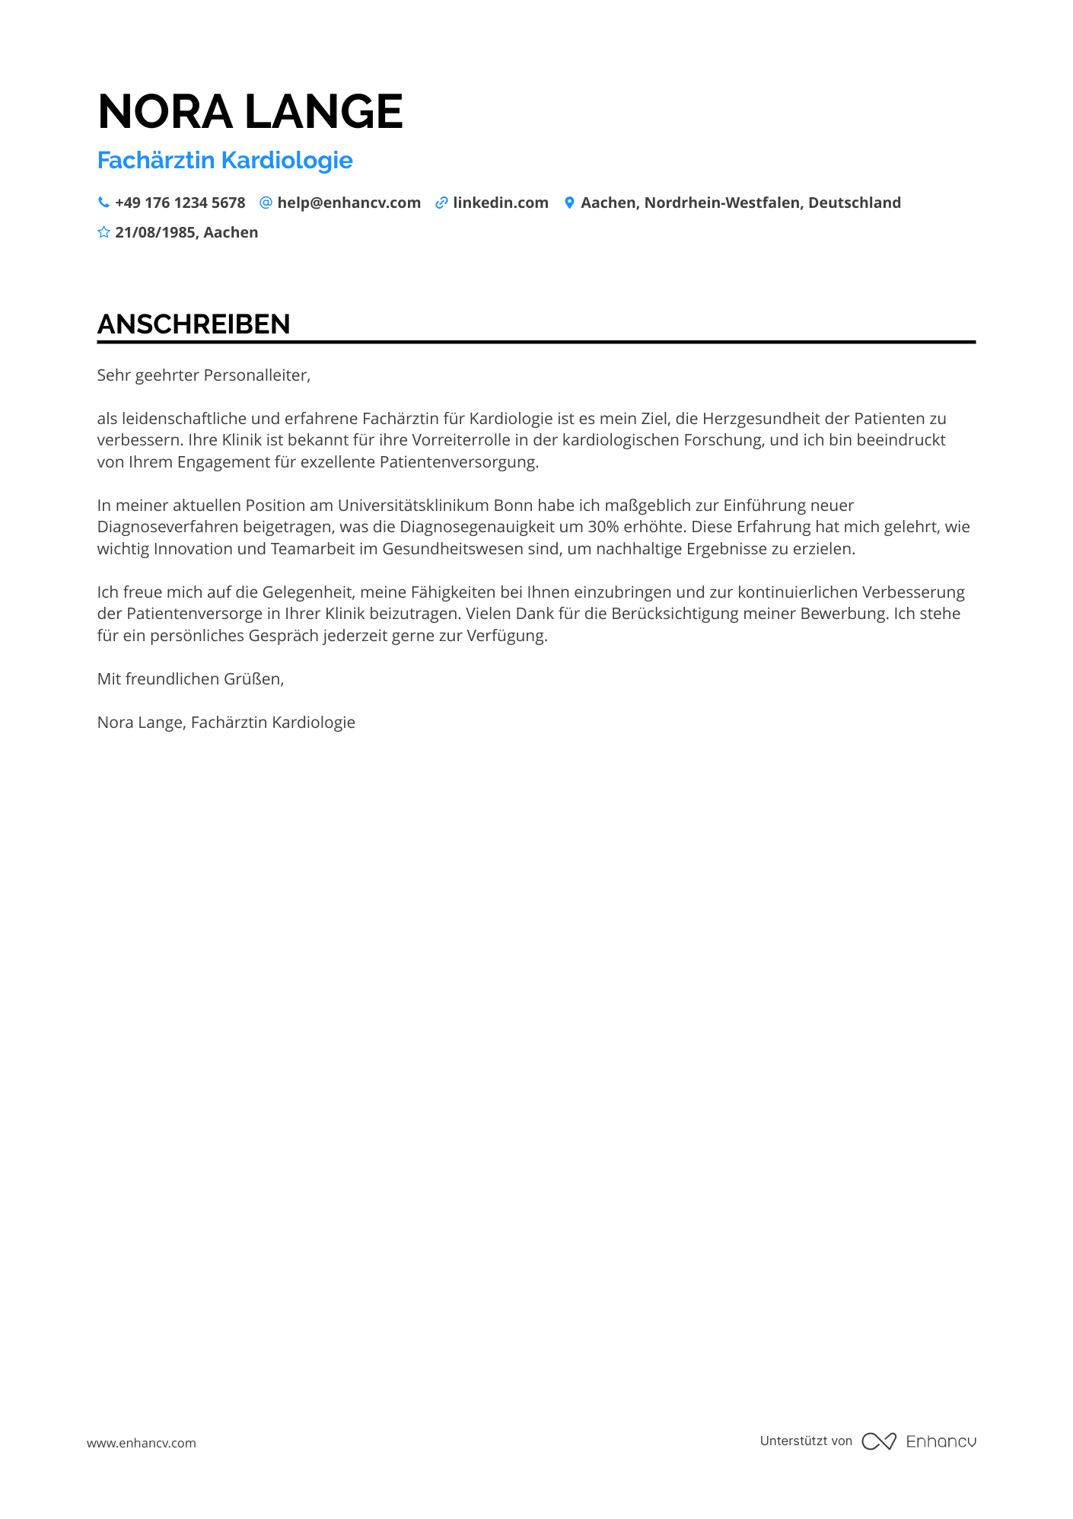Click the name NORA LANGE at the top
point(250,112)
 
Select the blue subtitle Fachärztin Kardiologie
point(225,161)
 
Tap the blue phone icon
point(103,203)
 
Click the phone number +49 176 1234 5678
point(180,203)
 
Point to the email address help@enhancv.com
point(349,203)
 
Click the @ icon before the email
point(266,203)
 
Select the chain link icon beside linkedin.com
point(441,203)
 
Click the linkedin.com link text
point(501,203)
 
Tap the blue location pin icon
point(569,203)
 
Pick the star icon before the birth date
point(103,232)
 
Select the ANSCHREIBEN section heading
point(193,324)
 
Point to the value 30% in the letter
point(603,527)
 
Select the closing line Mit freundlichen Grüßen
point(190,679)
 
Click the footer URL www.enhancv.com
point(142,1443)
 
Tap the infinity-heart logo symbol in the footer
point(878,1441)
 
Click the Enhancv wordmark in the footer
point(941,1441)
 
